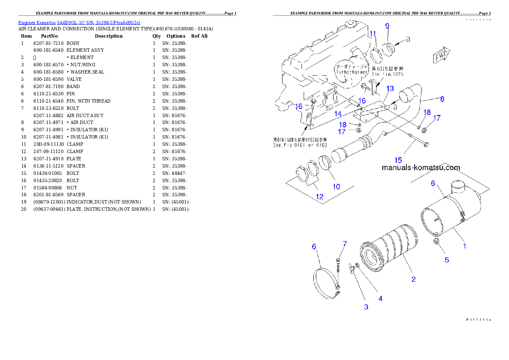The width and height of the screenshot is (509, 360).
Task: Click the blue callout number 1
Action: [465, 246]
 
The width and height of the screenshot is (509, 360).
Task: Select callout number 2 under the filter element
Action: [413, 280]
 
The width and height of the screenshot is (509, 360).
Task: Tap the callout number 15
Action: [398, 160]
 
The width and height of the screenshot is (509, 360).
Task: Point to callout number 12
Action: [320, 197]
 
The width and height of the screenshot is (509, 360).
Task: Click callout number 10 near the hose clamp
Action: [336, 186]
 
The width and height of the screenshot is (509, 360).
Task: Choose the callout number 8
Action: [442, 99]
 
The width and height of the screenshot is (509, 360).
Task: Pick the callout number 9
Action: [387, 26]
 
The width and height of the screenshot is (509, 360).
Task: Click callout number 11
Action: [373, 34]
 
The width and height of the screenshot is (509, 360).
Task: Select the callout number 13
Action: [390, 89]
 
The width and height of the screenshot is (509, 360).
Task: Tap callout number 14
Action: [338, 114]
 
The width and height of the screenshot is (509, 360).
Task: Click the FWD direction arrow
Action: [441, 56]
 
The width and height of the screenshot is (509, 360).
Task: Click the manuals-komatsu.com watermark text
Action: [420, 168]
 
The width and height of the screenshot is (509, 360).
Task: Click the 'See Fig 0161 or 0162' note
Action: [299, 142]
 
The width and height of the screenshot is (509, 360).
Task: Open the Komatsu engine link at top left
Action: [79, 22]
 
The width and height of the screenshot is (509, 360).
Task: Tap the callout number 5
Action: [447, 260]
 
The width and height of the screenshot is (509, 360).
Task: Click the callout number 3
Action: [366, 307]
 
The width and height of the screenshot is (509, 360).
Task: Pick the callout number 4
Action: [380, 298]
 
